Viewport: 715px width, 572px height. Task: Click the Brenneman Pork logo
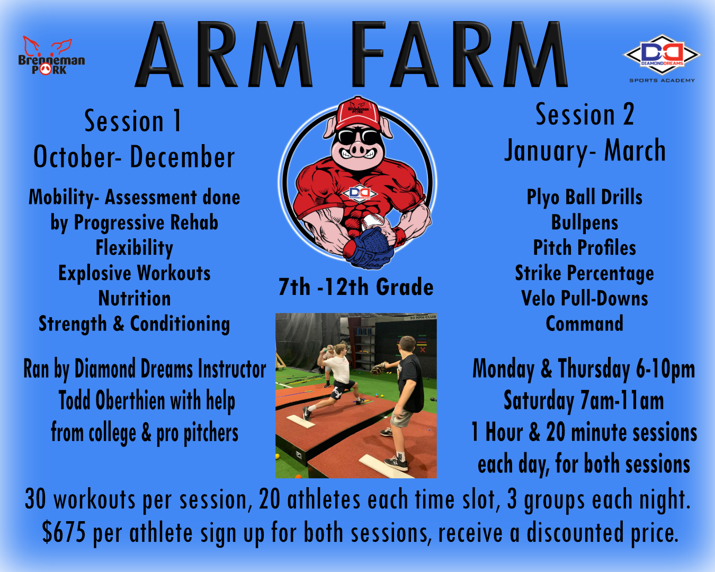tap(51, 56)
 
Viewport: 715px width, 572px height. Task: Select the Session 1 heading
tap(132, 121)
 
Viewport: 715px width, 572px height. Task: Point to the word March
tap(635, 150)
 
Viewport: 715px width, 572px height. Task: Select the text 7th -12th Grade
tap(356, 287)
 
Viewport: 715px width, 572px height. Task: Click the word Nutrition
tap(134, 298)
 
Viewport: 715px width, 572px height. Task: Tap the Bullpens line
tap(584, 222)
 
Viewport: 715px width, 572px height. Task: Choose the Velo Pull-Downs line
tap(584, 298)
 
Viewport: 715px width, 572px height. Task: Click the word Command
tap(584, 324)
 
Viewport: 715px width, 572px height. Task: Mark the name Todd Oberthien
tap(112, 400)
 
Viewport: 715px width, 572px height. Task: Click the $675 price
tap(64, 532)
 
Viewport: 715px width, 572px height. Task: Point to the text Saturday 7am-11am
tap(584, 400)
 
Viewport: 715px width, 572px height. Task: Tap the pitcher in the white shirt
tap(336, 382)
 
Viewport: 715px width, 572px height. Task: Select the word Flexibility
tap(134, 248)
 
